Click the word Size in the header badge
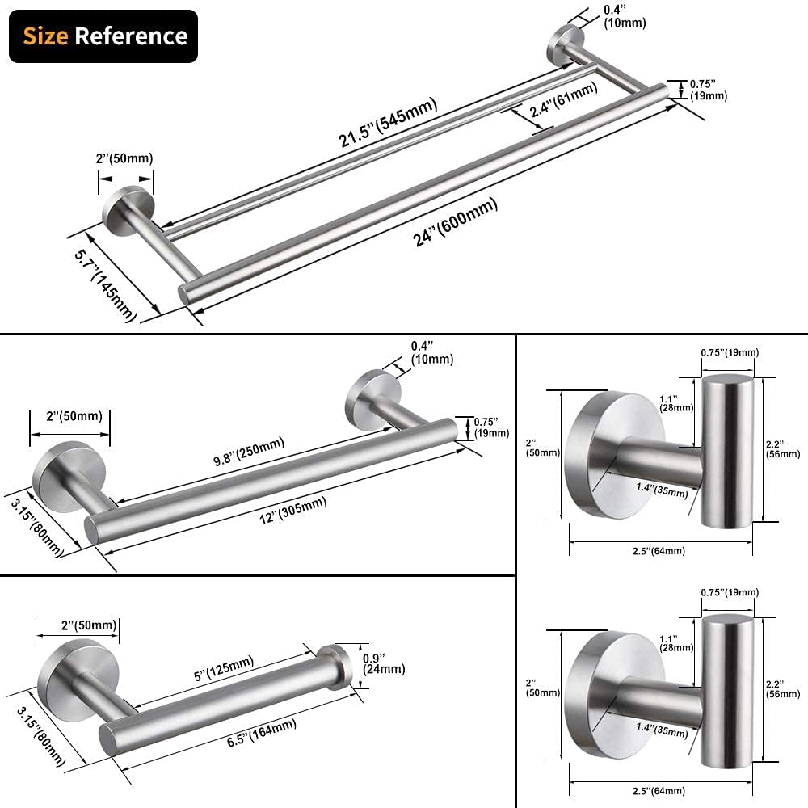46,36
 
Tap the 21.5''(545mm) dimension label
388,122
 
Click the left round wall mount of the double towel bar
126,208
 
